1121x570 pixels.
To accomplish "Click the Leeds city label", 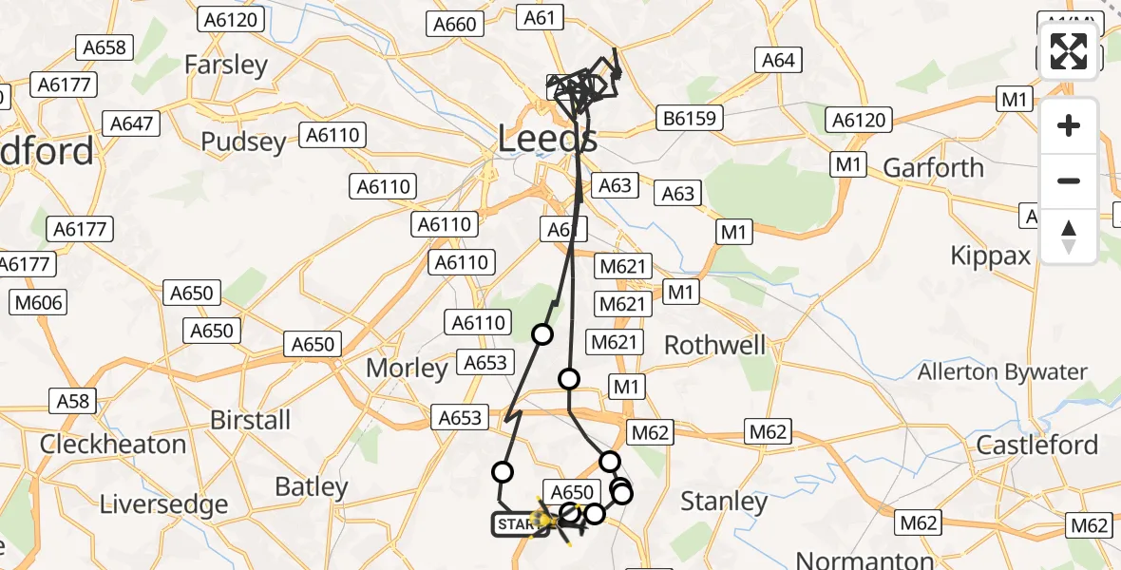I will click(547, 141).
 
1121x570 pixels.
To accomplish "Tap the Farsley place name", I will click(226, 65).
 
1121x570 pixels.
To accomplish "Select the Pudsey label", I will click(243, 142).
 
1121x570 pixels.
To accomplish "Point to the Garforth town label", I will click(933, 168).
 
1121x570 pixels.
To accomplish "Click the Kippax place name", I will click(991, 256).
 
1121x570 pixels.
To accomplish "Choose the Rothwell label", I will click(714, 345).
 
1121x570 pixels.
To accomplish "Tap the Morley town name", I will click(406, 369).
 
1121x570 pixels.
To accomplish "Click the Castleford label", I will click(1037, 445).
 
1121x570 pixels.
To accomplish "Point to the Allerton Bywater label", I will click(1002, 371).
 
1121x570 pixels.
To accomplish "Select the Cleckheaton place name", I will click(113, 445).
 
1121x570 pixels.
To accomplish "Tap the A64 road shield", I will click(777, 60).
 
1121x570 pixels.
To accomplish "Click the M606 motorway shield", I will click(37, 303).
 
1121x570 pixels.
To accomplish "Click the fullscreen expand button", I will click(1069, 51).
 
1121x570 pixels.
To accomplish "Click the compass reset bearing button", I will click(1069, 237).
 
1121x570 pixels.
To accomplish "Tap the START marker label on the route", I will click(518, 524).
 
